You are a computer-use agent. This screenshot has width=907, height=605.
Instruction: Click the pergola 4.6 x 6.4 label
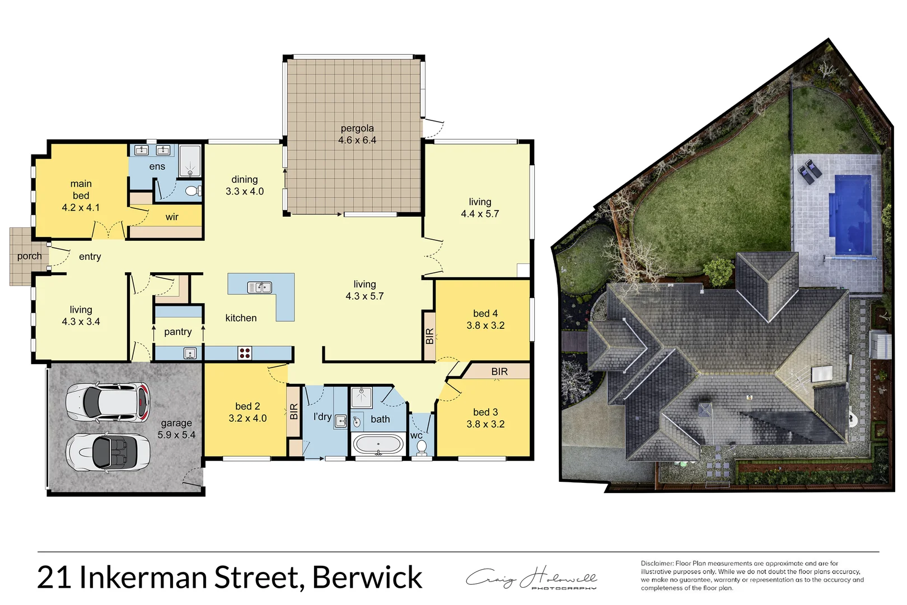(357, 134)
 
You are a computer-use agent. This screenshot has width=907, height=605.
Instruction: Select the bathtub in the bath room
(378, 445)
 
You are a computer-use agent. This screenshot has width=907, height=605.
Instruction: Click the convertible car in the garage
(109, 452)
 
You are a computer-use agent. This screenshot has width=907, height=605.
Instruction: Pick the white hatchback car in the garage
(109, 402)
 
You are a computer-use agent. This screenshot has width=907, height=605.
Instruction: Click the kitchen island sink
(259, 287)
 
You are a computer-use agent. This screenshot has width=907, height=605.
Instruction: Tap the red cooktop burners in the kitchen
(245, 353)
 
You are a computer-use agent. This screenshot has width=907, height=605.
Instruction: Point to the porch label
(29, 256)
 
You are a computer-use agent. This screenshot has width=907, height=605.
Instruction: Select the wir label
(172, 217)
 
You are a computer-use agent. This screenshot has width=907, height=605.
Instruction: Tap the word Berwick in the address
(367, 578)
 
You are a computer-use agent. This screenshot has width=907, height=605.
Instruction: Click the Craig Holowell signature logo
(532, 579)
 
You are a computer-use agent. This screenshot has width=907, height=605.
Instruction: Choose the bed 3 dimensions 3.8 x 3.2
(485, 424)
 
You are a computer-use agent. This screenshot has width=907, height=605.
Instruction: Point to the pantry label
(178, 332)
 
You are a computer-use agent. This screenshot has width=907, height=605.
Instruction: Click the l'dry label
(322, 416)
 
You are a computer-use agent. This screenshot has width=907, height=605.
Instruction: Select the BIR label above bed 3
(499, 371)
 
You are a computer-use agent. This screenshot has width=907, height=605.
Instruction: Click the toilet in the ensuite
(192, 191)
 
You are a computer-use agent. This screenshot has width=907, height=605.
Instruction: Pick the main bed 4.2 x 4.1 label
(81, 196)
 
